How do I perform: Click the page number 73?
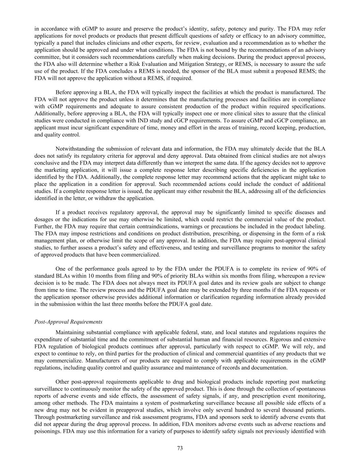coord(180,448)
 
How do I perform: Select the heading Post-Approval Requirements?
coord(68,322)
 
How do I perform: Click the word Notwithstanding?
coord(74,149)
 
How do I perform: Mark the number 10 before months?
coord(109,276)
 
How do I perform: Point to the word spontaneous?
coord(312,389)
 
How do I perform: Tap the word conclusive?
coord(46,163)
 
